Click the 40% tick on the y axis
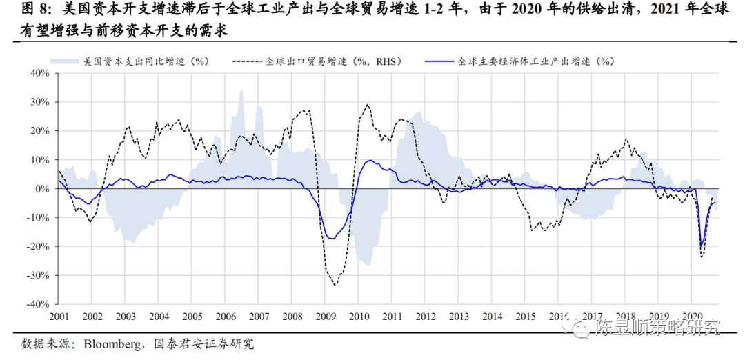point(37,72)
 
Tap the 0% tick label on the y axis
point(40,188)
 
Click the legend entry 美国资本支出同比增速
point(145,61)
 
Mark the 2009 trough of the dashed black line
point(335,284)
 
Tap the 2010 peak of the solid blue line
point(370,161)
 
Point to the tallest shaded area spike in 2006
point(241,92)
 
